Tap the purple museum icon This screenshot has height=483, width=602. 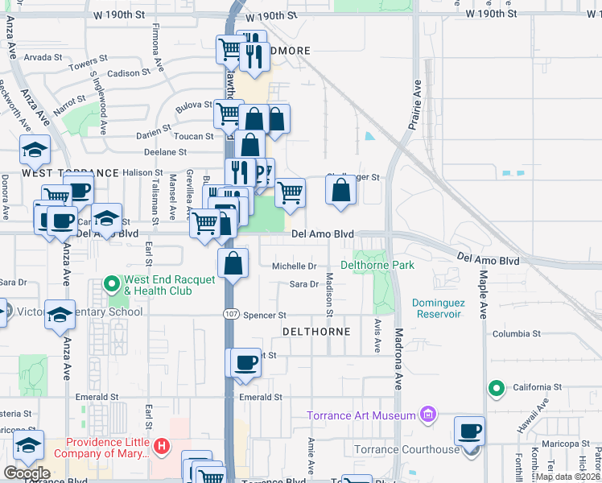428,415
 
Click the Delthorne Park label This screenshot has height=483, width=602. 377,265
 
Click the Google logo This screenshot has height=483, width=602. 27,473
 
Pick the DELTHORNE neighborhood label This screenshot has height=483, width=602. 316,332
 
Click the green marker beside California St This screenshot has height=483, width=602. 497,390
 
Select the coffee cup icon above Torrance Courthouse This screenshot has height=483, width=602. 470,431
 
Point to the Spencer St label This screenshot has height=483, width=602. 265,316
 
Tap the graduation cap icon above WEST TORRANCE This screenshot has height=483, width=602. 35,150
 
